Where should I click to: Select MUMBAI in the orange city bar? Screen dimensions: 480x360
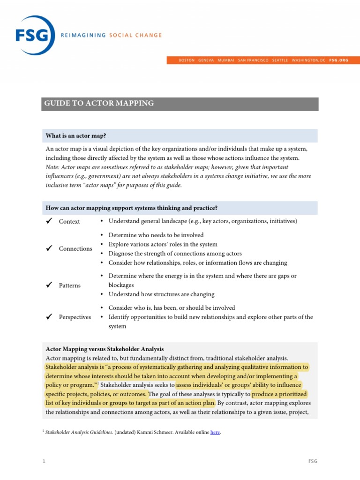(x=225, y=60)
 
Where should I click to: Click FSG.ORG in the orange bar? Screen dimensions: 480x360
(x=338, y=60)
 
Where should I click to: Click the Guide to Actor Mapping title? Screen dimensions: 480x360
(x=99, y=103)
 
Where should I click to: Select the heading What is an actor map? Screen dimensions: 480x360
(x=75, y=136)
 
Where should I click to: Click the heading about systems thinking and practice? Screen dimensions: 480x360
(x=131, y=208)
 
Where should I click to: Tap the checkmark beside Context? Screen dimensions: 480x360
(x=48, y=221)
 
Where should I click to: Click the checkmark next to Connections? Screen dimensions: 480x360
(x=48, y=248)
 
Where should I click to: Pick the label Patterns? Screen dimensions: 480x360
(x=69, y=285)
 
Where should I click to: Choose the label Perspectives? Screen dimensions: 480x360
(x=75, y=317)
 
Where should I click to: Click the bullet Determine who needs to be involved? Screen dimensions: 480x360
(x=156, y=235)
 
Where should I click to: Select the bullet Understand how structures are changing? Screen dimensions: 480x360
(x=161, y=294)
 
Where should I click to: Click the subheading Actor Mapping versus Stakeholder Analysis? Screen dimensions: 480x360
(x=105, y=349)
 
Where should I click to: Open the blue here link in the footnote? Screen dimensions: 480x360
(x=215, y=433)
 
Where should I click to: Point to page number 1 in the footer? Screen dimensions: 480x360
(x=44, y=461)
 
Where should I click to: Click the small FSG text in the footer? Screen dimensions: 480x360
(x=313, y=461)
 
